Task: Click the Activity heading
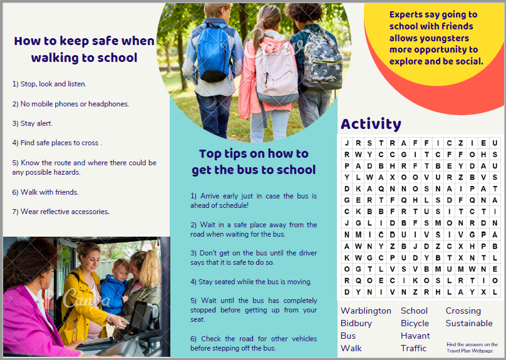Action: [370, 124]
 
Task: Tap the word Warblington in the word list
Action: [366, 311]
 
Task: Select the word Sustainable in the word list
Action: [469, 323]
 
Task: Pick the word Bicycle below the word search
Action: [415, 323]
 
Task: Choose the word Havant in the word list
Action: [415, 336]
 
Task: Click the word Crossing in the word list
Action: [463, 311]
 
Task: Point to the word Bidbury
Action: [356, 323]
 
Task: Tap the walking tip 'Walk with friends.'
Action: [45, 192]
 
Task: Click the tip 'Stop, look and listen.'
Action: [49, 84]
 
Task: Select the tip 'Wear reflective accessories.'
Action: [61, 212]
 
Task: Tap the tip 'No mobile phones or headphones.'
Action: [70, 104]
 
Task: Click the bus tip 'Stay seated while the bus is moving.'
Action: [250, 282]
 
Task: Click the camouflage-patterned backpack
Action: [323, 60]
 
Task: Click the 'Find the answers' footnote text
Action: [472, 347]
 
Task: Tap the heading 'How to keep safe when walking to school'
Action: [84, 49]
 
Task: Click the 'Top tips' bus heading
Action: [253, 162]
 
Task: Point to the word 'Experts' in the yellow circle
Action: [405, 14]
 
